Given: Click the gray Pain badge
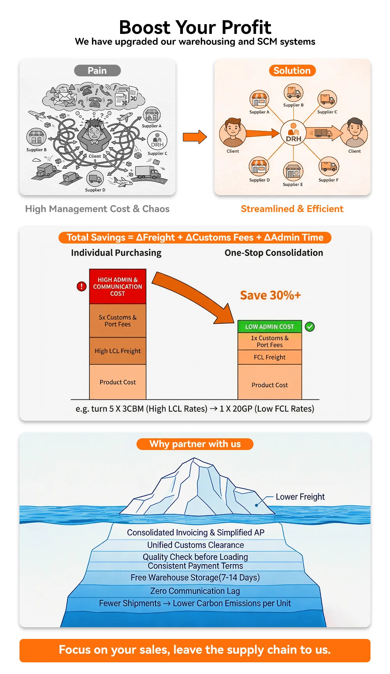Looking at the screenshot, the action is [97, 71].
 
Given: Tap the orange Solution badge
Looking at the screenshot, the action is [292, 71].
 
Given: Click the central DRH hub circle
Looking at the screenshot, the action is [293, 133].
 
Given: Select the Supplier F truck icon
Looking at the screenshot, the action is [329, 166].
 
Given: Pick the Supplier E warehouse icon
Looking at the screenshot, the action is [293, 171].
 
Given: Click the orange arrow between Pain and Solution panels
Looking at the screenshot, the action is [195, 137].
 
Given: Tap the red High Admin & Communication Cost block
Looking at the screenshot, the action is [118, 286].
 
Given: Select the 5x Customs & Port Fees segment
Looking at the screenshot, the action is [118, 321].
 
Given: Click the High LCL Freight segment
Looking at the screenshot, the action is [118, 351].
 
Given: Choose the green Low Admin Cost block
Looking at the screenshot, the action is [269, 326].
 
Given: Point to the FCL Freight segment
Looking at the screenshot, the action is [269, 357].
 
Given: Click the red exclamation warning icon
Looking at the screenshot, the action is [82, 287].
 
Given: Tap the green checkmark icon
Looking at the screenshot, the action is [310, 326].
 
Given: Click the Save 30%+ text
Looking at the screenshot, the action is [270, 295].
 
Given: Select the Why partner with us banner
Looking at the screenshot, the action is [195, 444].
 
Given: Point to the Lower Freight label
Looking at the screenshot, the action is [300, 497].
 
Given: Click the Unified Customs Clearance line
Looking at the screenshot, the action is [195, 545].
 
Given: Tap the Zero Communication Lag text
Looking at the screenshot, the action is [195, 591].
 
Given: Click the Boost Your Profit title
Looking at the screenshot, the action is [195, 27].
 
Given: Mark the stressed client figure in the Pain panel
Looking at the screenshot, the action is [94, 134].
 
